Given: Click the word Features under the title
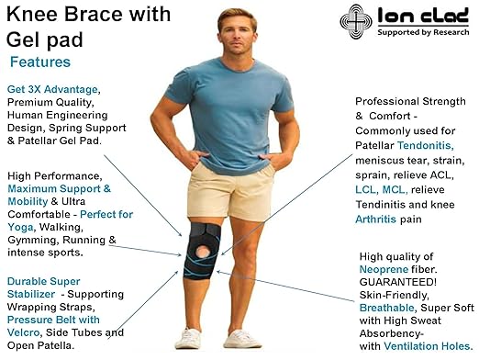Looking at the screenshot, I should (39, 62).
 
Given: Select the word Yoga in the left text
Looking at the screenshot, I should (23, 227).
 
